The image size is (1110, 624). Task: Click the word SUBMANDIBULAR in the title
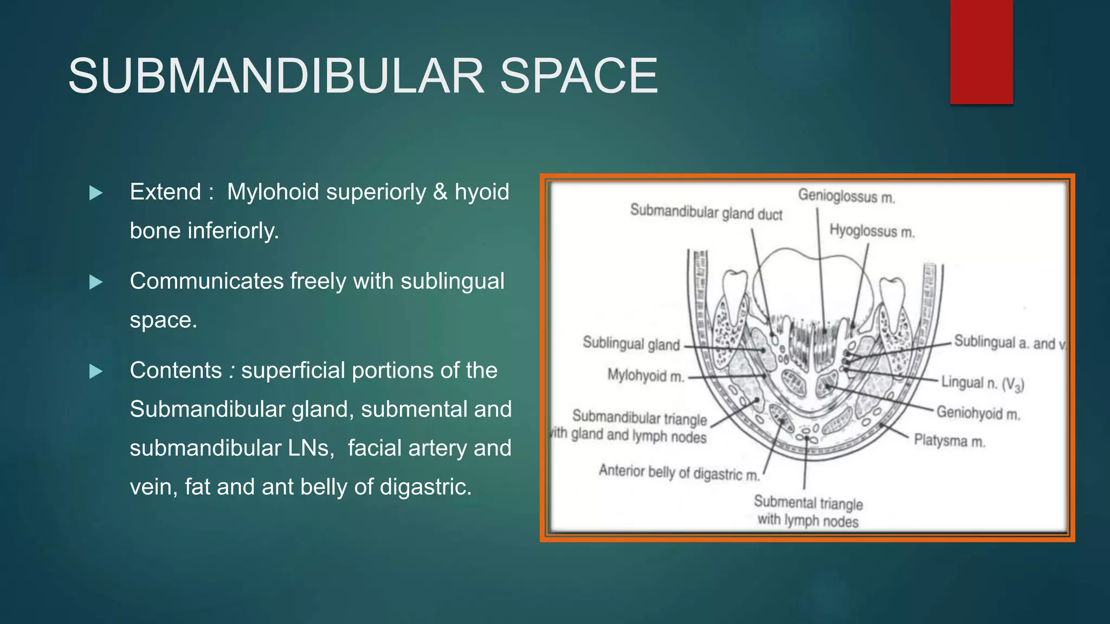(276, 76)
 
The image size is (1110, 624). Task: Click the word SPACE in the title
(578, 76)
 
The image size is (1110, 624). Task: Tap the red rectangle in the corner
(981, 52)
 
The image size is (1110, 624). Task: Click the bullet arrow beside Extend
(96, 193)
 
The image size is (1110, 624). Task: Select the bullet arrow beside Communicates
(96, 282)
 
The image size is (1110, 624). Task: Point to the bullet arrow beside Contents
(96, 371)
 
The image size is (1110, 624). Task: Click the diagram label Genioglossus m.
(846, 196)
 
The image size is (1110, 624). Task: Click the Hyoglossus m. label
(872, 231)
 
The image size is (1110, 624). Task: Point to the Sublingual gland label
(631, 343)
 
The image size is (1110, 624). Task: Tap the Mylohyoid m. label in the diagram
(645, 375)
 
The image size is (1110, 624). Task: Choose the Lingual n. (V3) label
(982, 383)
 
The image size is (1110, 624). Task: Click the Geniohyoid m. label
(978, 413)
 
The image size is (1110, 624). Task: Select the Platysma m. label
(949, 440)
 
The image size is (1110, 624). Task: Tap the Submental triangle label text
(808, 503)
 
